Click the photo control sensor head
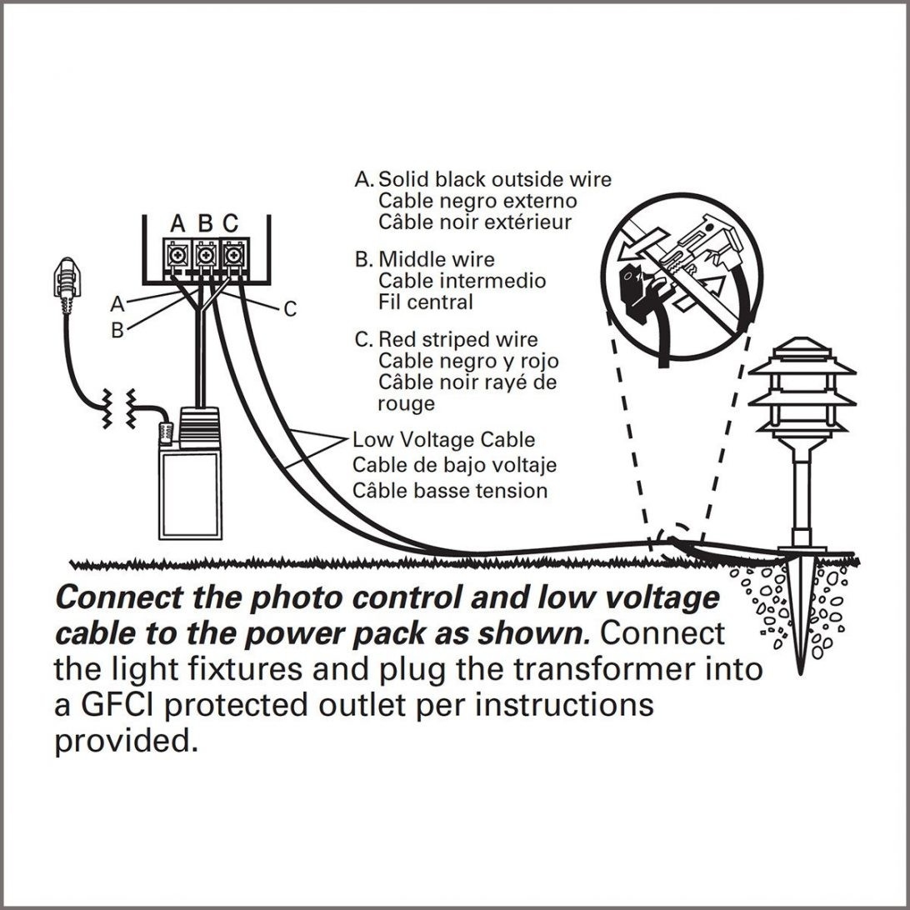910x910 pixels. [63, 279]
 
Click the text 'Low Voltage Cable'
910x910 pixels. [443, 439]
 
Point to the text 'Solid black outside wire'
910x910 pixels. [495, 179]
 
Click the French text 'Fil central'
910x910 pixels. [425, 302]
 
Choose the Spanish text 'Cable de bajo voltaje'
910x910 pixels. [454, 464]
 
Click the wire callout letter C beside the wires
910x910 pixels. [290, 310]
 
